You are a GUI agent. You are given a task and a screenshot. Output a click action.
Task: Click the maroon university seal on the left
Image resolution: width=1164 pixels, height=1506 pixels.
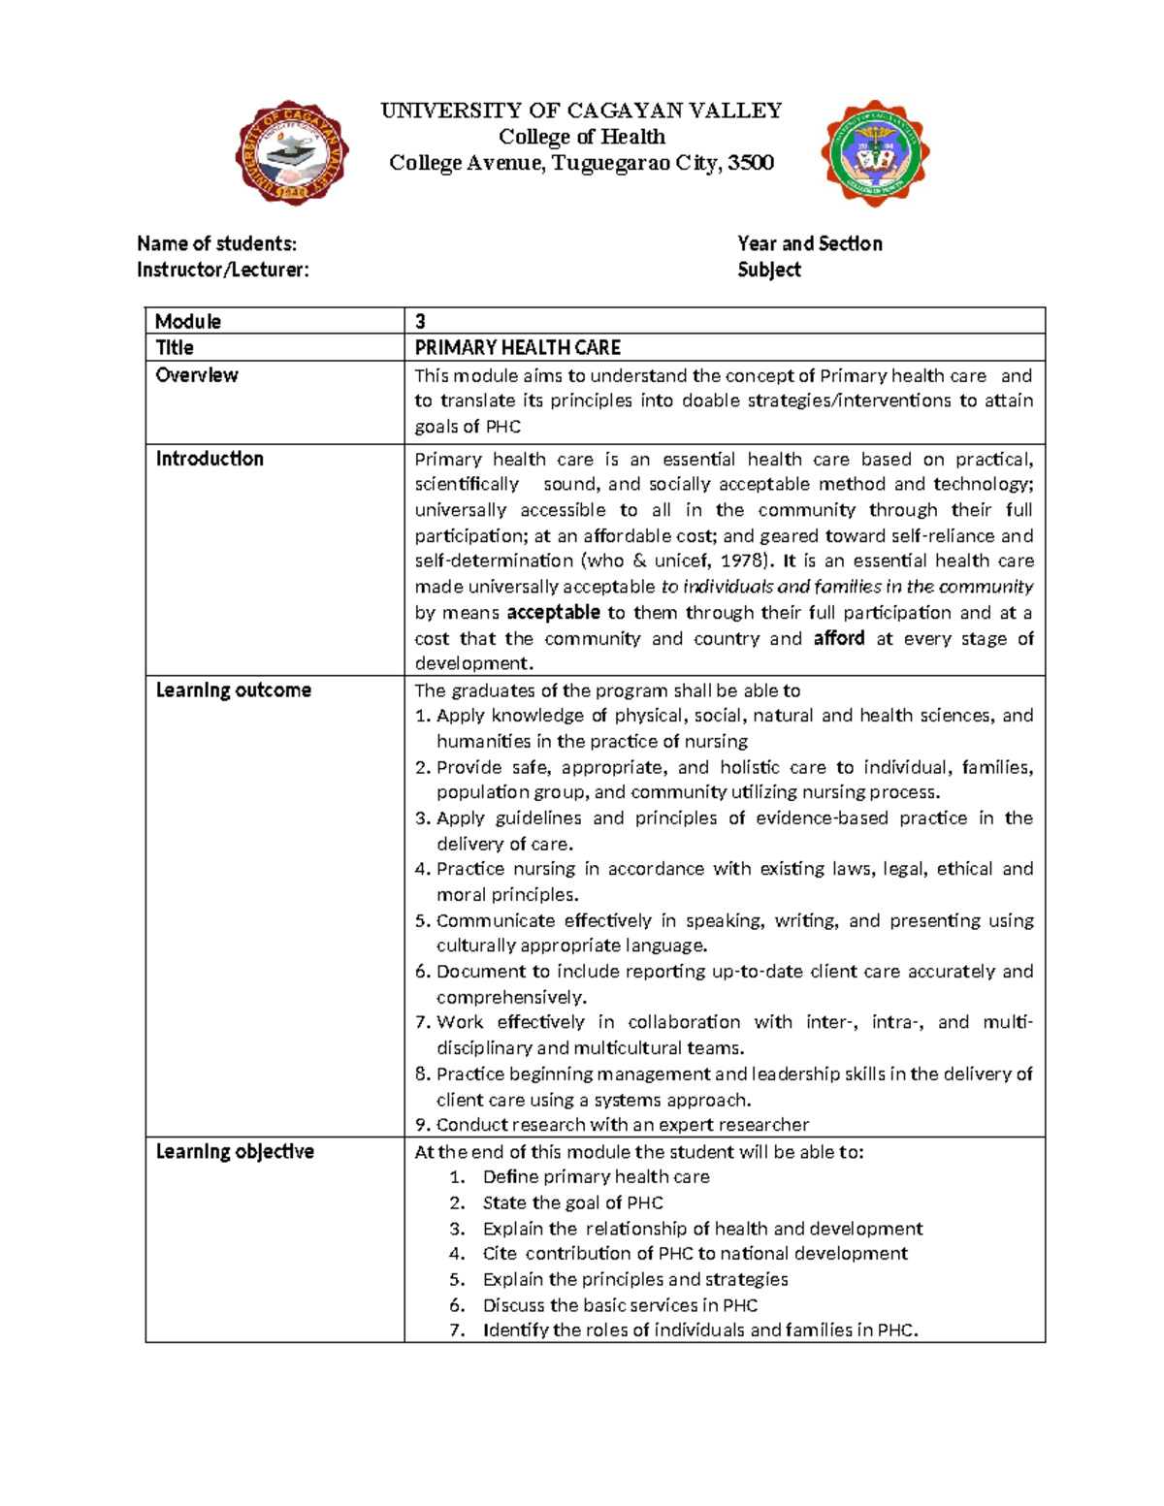coord(292,152)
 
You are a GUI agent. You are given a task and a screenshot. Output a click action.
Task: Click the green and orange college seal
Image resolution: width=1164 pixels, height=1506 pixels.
coord(875,152)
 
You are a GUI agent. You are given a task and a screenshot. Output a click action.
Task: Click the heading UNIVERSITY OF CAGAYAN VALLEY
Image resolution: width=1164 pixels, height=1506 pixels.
coord(581,111)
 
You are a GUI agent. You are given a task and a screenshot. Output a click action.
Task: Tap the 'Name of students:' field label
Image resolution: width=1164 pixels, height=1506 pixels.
coord(216,243)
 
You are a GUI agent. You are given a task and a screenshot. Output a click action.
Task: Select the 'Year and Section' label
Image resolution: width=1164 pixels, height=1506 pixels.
coord(809,243)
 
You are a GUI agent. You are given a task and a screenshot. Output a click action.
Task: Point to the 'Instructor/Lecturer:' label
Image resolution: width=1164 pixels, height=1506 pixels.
coord(223,270)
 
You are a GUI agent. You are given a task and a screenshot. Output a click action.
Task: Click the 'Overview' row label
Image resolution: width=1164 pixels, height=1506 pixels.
coord(197,375)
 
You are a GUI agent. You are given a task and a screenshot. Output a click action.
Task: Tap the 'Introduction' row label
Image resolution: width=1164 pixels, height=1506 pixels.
coord(210,459)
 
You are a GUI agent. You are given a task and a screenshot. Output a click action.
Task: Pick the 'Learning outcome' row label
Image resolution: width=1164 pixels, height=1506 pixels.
coord(234,690)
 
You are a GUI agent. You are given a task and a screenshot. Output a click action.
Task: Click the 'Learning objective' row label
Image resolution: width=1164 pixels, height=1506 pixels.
coord(235,1152)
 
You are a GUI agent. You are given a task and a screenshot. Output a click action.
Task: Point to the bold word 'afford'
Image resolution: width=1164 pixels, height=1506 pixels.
coord(839,638)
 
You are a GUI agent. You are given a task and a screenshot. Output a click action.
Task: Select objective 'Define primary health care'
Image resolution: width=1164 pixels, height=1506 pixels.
coord(596,1177)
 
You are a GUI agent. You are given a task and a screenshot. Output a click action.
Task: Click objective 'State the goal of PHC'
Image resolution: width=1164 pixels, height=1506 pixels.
coord(572,1203)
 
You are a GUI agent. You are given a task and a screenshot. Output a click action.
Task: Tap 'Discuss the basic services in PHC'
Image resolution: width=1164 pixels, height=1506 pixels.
coord(620,1305)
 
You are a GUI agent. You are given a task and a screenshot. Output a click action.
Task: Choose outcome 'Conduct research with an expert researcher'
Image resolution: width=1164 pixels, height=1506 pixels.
coord(622,1125)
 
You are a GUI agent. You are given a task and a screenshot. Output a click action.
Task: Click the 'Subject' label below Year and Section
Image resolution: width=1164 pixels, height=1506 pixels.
coord(768,270)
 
